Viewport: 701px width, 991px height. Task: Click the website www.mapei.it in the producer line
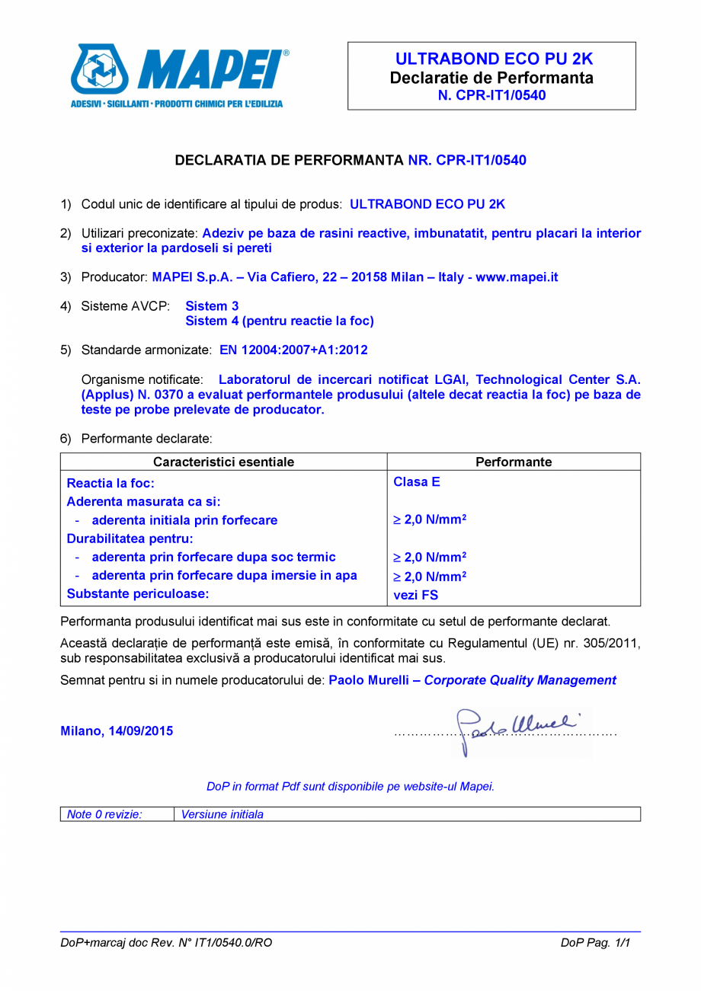click(517, 277)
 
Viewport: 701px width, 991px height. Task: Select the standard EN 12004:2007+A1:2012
click(293, 350)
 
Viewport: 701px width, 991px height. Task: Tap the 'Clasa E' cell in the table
click(417, 482)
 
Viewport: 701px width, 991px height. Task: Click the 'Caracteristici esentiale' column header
click(223, 462)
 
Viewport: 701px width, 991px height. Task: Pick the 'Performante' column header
click(514, 462)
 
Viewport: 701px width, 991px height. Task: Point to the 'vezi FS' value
click(415, 596)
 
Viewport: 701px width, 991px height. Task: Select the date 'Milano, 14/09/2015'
click(117, 731)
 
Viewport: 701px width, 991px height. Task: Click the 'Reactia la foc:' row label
click(111, 483)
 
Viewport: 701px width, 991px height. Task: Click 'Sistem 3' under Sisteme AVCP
click(212, 306)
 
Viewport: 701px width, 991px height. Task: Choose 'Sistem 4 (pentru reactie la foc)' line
click(280, 321)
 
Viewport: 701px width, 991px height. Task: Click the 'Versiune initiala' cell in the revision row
click(222, 814)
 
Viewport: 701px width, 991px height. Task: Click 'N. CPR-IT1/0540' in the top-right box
click(491, 95)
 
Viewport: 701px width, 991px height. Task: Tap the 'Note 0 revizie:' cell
click(105, 814)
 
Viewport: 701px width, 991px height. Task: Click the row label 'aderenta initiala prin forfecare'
click(184, 521)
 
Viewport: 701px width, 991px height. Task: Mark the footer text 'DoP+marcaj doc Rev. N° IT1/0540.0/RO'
click(166, 943)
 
